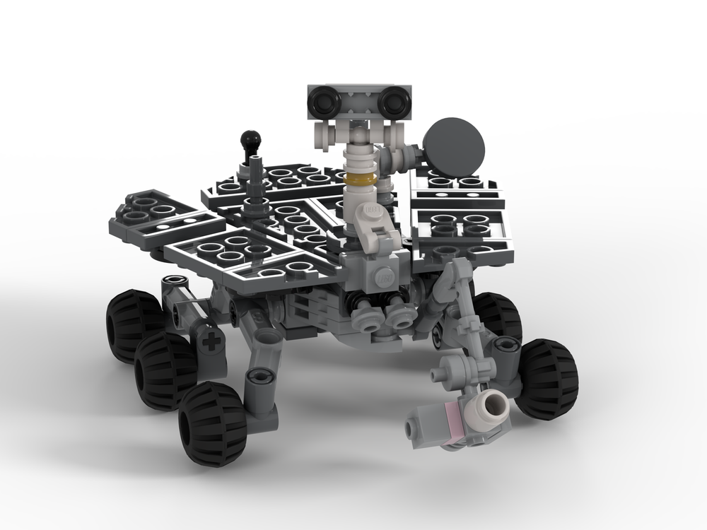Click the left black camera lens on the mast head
pos(326,102)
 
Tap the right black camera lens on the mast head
pos(393,103)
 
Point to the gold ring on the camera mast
pos(358,180)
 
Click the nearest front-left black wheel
pos(212,423)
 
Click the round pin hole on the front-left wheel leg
pos(260,377)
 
